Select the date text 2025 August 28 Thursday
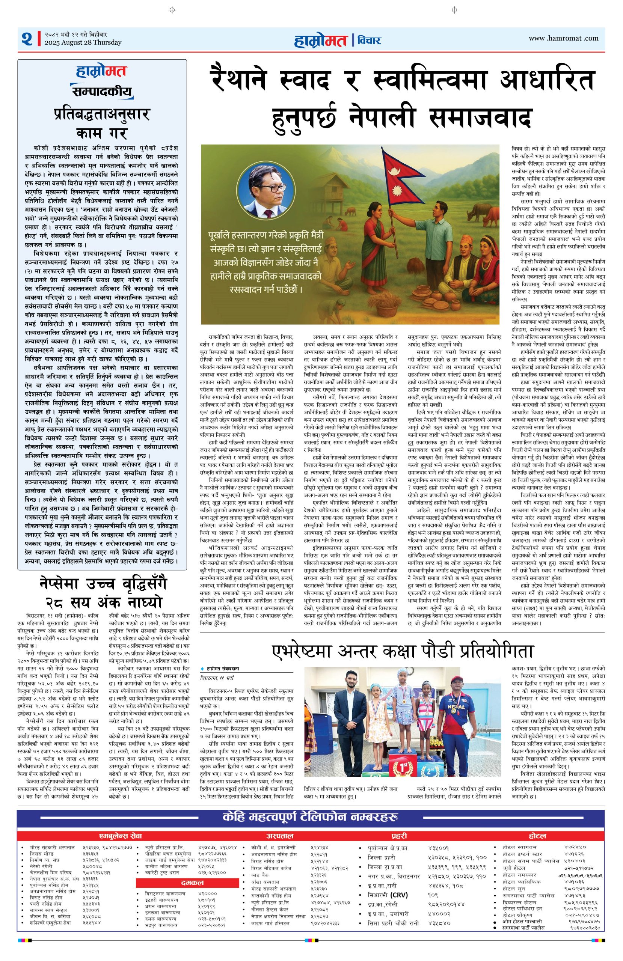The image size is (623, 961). [83, 42]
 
